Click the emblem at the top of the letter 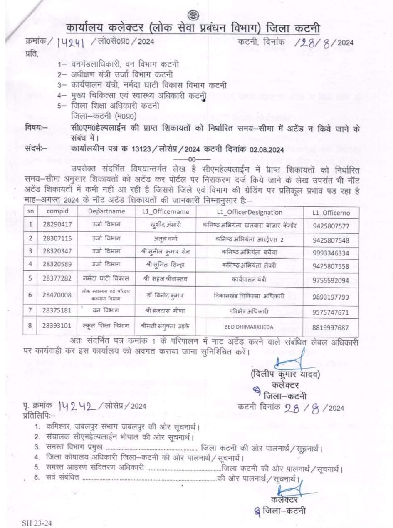193,15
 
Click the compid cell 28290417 57,225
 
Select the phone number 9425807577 331,226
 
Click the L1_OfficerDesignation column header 250,212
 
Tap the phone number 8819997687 331,327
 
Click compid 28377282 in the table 57,280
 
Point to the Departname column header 106,211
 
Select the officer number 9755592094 331,280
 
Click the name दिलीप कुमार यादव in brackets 285,374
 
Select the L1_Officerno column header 331,213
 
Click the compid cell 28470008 57,295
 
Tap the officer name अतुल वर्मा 166,240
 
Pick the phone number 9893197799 331,297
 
